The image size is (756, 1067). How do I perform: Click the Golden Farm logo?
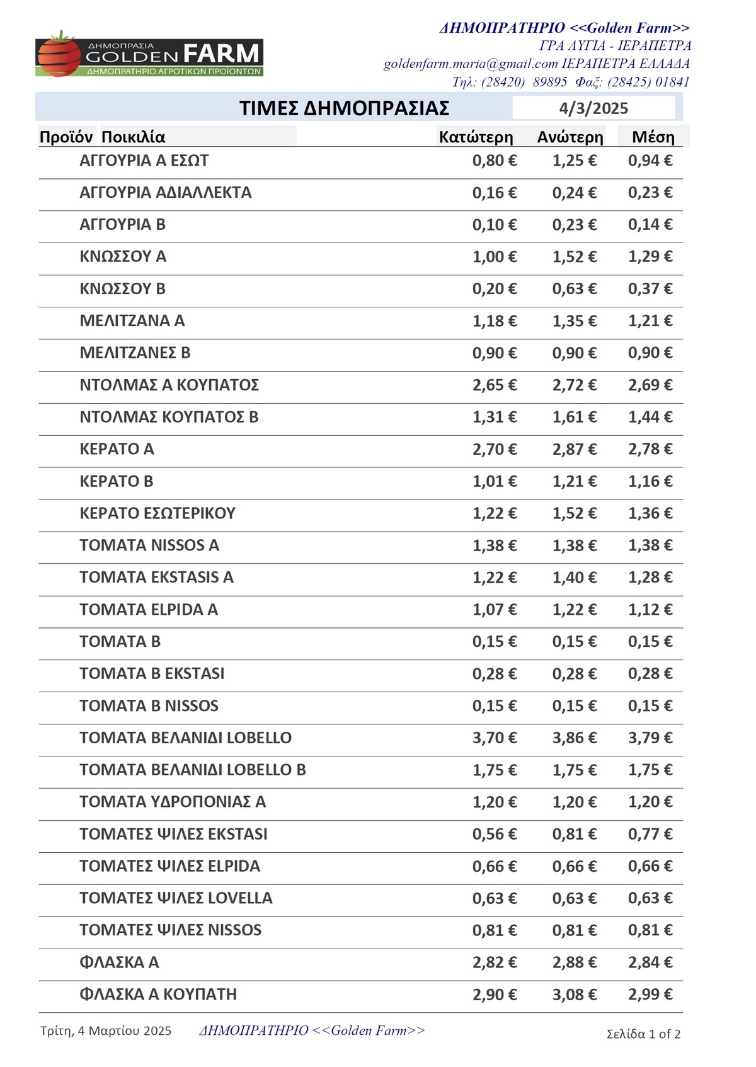[x=149, y=54]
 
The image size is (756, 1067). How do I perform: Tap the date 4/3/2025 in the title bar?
[x=593, y=108]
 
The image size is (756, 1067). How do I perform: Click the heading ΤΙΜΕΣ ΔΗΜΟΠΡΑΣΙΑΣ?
[x=344, y=108]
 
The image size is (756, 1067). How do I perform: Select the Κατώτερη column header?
[x=476, y=137]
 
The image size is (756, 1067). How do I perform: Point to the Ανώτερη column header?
[x=570, y=137]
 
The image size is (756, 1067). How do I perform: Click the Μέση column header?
[x=653, y=137]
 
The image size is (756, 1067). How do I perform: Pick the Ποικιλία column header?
[x=134, y=137]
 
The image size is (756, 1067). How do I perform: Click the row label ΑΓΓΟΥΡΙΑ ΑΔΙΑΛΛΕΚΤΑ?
[x=165, y=193]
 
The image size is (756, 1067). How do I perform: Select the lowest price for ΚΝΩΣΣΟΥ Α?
[x=495, y=257]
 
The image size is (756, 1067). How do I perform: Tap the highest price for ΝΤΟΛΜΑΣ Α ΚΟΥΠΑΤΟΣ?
[x=574, y=385]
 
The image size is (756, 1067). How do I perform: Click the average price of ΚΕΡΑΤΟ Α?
[x=650, y=449]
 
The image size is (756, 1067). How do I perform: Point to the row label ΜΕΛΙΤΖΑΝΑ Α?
[x=132, y=321]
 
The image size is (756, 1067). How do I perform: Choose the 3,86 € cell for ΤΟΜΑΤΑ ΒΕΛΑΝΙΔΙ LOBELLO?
[x=574, y=738]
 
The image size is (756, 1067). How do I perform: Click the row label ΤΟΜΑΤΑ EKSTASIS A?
[x=156, y=578]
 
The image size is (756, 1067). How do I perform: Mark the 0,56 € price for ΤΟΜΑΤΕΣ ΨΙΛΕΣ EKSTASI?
[x=495, y=834]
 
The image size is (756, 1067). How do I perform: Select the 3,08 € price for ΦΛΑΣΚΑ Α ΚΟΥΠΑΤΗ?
[x=574, y=995]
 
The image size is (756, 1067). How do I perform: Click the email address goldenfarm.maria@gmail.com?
[x=471, y=64]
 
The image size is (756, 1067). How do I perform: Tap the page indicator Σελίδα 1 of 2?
[x=643, y=1034]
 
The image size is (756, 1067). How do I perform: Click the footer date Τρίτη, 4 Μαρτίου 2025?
[x=106, y=1031]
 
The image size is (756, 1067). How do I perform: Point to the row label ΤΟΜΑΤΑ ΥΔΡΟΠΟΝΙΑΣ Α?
[x=173, y=802]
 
